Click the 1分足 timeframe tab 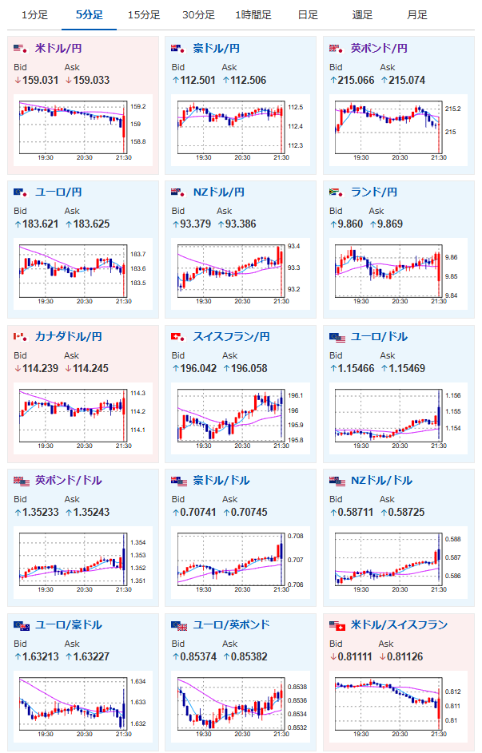[x=34, y=15]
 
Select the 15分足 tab [x=144, y=15]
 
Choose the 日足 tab [x=308, y=15]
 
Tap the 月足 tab [x=417, y=15]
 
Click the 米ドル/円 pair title [x=58, y=49]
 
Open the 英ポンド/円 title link [x=379, y=49]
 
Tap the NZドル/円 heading [x=219, y=192]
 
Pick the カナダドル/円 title [x=68, y=337]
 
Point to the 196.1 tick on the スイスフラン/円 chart [x=296, y=396]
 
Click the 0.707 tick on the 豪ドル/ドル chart [x=296, y=560]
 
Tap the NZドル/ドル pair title [x=381, y=481]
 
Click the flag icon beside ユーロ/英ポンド [x=179, y=626]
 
